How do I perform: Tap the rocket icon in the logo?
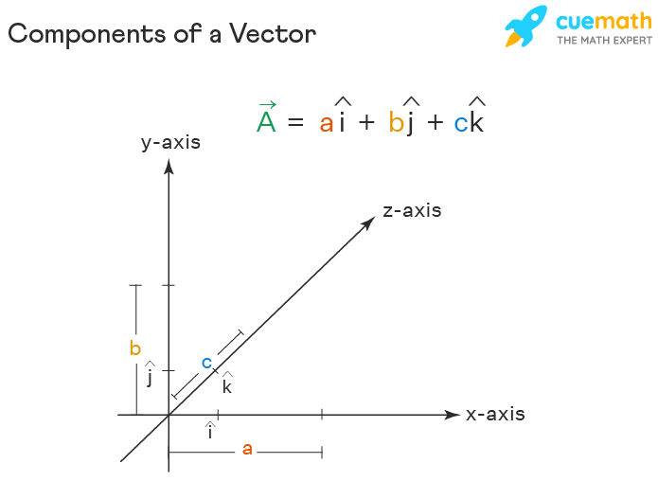526,26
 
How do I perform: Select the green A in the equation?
266,121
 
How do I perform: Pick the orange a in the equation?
327,123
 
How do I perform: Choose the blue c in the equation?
460,123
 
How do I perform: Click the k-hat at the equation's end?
476,117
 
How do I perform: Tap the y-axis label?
170,143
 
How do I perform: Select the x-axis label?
495,415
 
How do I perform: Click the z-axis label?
412,210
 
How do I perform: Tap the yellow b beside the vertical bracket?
135,348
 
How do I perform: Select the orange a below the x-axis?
247,449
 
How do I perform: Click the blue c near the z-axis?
206,362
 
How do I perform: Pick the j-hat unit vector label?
150,376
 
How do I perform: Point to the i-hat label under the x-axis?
210,432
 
